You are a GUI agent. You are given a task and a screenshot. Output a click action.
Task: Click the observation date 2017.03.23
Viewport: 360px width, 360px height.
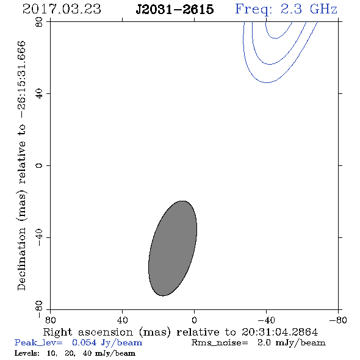click(62, 9)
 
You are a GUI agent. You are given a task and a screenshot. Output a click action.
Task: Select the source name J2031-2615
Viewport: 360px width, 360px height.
click(175, 9)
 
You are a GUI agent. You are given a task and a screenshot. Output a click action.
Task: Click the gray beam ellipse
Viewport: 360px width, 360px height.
click(173, 248)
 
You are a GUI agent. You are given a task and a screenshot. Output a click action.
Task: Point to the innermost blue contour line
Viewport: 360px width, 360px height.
click(276, 38)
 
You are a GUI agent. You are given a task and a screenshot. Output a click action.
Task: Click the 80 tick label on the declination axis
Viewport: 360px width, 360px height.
click(39, 22)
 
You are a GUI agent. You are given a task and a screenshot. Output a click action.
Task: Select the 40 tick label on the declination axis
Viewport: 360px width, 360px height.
click(39, 94)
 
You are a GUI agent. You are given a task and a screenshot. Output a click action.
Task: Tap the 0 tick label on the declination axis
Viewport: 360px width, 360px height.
click(39, 165)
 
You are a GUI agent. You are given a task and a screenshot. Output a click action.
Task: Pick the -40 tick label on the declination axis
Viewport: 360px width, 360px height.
click(39, 237)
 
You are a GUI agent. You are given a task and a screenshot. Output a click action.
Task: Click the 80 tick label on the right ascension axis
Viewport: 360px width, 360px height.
click(50, 320)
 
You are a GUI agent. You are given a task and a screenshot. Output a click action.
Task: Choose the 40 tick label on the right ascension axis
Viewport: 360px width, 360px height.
click(123, 320)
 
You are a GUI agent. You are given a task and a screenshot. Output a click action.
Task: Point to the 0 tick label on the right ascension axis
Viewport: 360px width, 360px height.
click(194, 320)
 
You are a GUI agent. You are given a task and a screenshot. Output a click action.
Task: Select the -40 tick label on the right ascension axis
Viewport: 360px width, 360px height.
click(266, 320)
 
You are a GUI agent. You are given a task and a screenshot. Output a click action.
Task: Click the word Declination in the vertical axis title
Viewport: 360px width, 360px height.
click(21, 259)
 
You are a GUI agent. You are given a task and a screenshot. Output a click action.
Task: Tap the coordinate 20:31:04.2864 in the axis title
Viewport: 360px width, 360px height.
click(279, 332)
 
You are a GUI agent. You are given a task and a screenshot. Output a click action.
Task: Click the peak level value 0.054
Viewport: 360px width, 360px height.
click(84, 343)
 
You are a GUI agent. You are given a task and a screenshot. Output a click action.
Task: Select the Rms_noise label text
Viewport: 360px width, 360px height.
click(220, 343)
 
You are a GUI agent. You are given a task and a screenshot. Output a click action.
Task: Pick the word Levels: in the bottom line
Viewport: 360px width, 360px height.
click(27, 353)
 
